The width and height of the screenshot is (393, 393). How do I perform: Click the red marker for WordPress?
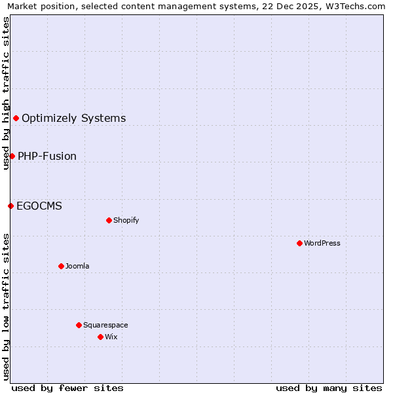(299, 243)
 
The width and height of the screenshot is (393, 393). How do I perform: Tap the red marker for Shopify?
(109, 220)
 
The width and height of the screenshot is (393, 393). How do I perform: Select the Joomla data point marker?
(61, 266)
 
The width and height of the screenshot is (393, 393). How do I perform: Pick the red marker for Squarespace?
(79, 325)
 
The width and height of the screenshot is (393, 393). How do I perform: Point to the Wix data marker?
(100, 337)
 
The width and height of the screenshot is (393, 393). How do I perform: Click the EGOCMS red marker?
(10, 206)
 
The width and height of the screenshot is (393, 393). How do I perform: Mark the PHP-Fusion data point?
(12, 156)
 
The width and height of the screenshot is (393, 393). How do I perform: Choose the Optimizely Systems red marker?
(16, 118)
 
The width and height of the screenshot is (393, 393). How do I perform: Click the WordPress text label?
(322, 243)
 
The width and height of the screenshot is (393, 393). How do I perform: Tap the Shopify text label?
(126, 220)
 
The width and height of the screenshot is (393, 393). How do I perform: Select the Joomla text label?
(77, 266)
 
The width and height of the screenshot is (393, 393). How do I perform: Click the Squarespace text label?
(105, 325)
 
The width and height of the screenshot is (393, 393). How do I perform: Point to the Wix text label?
(111, 337)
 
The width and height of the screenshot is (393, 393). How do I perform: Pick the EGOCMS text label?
(39, 206)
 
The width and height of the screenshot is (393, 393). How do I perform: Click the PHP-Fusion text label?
(47, 156)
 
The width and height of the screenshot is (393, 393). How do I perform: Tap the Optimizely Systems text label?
(74, 118)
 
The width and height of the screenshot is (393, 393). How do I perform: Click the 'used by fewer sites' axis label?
(67, 388)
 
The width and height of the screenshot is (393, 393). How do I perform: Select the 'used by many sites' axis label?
(329, 388)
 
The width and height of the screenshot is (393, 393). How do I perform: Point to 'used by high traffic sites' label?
(7, 93)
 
